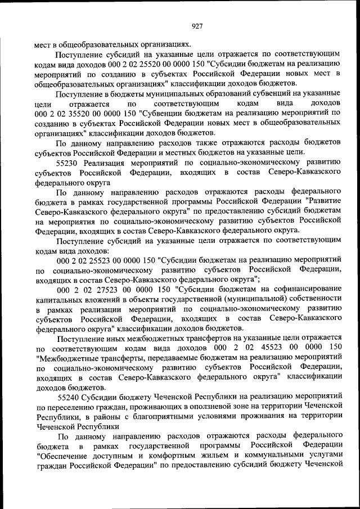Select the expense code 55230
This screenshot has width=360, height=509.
click(x=67, y=162)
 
